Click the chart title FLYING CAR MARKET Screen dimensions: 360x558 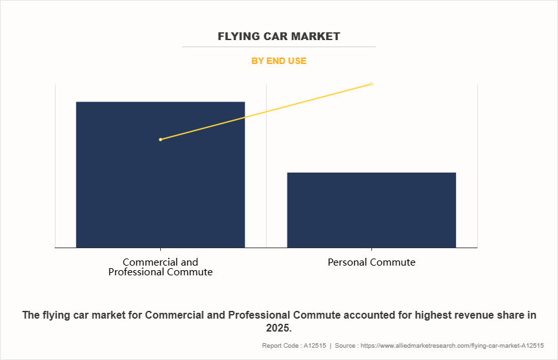278,36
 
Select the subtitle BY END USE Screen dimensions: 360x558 278,61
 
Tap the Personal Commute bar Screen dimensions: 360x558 371,209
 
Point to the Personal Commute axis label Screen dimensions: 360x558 371,262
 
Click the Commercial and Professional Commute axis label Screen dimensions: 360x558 160,267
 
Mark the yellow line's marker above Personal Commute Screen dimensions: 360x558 371,84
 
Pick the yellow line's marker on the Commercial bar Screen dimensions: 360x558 160,140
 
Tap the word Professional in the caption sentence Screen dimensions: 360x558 221,315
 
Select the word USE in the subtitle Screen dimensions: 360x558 296,61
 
